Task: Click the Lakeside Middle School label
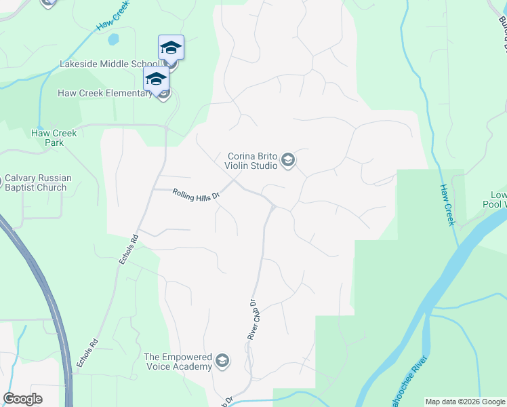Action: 108,64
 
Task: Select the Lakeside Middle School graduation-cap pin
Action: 171,47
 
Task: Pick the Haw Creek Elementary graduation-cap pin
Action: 156,79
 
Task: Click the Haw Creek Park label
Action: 54,138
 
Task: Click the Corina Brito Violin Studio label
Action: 251,160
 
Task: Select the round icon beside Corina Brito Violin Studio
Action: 288,160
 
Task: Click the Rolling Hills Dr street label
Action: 197,195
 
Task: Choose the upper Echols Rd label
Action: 128,250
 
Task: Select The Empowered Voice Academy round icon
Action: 222,362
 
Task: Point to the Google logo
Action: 23,399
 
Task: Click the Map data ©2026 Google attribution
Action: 466,402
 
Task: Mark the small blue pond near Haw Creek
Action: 113,39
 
